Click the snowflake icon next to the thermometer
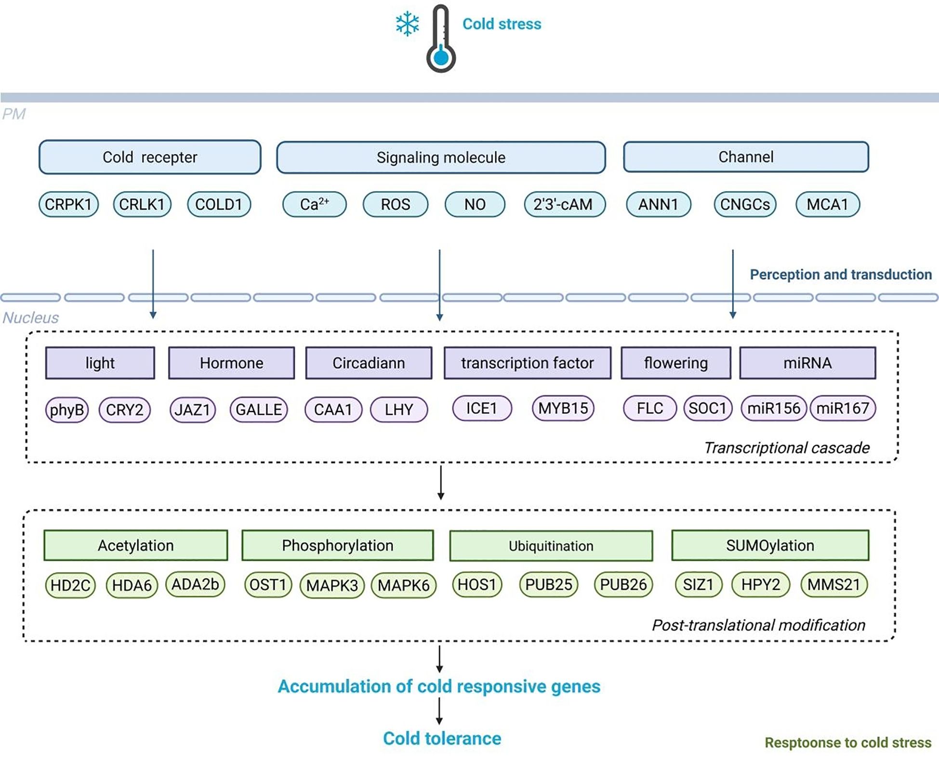408,24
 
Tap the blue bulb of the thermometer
441,57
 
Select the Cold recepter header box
150,157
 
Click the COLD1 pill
219,204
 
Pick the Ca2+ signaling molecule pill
314,204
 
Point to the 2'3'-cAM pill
564,204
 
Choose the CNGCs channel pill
745,204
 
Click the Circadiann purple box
369,363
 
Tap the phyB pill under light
67,410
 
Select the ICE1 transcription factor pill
482,409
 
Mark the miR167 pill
843,409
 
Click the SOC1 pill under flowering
707,409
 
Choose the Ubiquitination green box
551,546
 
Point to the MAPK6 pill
404,586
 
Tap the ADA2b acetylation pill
195,585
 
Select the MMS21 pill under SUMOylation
834,585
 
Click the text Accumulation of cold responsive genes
439,686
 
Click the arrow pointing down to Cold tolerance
439,711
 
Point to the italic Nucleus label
30,318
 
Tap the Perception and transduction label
841,275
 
